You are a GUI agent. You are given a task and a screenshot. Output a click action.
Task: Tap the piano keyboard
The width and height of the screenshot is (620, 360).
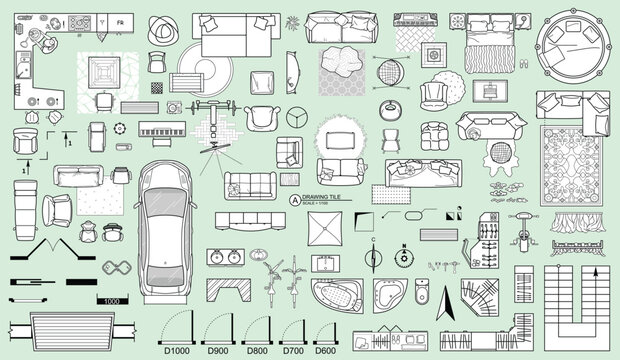click(160, 131)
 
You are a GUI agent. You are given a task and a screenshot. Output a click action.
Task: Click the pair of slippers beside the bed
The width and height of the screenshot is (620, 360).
click(522, 62)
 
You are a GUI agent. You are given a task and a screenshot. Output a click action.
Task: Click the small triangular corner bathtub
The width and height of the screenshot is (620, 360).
click(386, 292)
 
